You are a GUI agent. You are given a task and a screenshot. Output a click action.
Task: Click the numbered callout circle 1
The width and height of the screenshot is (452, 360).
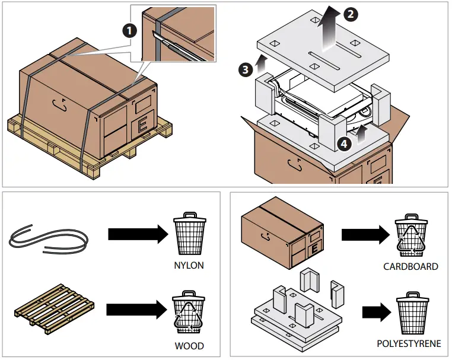(129, 31)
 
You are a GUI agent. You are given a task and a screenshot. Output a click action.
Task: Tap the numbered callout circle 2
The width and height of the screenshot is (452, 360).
(351, 14)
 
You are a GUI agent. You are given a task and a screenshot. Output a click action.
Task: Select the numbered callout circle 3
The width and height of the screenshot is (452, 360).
(246, 69)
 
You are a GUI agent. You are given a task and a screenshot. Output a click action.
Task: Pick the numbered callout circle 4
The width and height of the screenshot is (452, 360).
(344, 144)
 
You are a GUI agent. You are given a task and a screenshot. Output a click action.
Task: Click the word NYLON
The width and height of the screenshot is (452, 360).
(189, 265)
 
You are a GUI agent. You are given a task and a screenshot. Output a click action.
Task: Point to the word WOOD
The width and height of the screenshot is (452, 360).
(189, 346)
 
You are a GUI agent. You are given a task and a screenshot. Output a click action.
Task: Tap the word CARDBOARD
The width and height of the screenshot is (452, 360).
(410, 266)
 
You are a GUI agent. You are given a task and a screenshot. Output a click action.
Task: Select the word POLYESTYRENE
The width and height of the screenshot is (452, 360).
(409, 343)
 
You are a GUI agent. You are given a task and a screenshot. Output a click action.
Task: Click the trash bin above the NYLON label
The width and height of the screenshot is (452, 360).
(190, 234)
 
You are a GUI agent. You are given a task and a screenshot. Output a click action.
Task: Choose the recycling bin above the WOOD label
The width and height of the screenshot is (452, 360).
(189, 312)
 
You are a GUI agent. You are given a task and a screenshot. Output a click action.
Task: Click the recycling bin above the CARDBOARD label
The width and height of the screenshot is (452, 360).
(411, 235)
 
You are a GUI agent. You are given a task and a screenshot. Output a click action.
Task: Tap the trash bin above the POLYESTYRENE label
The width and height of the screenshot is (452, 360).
(413, 313)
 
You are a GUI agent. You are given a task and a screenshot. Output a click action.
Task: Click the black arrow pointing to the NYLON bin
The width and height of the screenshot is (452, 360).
(138, 234)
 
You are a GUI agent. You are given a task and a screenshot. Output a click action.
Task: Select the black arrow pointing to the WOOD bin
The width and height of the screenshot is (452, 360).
(136, 310)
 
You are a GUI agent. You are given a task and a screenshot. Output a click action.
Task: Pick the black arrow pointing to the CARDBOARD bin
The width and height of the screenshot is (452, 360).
(365, 235)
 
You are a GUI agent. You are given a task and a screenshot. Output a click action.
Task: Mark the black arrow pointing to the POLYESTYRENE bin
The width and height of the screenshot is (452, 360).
(377, 312)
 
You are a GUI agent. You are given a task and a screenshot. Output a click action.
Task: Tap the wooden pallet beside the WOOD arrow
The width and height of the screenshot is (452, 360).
(55, 309)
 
